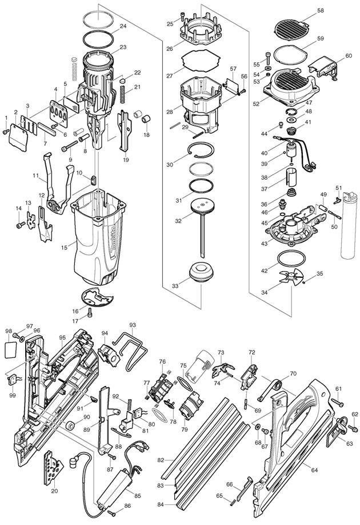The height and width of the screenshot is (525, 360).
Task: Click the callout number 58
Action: [x=321, y=10]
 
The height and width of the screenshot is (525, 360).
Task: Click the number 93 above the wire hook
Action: [x=133, y=325]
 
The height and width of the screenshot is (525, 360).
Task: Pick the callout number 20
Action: [x=54, y=490]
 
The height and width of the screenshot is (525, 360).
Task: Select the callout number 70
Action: [x=293, y=373]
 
